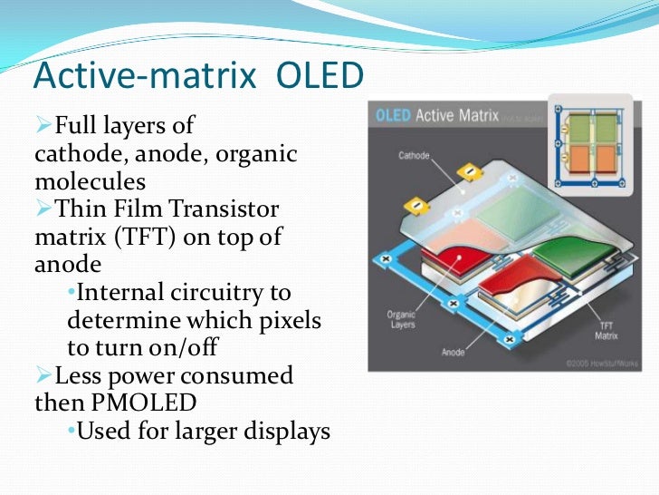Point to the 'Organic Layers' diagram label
401,320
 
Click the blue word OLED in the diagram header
393,115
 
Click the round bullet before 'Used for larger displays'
72,432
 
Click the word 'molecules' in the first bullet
90,181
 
